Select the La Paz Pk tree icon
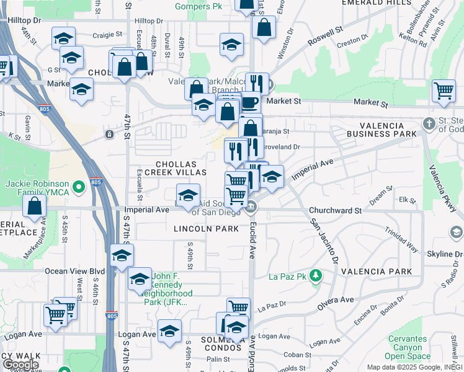pos(316,275)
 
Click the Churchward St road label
pos(335,211)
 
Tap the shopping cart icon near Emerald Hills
pos(444,91)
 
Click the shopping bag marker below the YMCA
pos(35,205)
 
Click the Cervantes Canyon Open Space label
pos(408,348)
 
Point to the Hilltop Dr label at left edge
pos(25,20)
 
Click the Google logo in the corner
pos(20,365)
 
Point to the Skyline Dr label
pos(444,254)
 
